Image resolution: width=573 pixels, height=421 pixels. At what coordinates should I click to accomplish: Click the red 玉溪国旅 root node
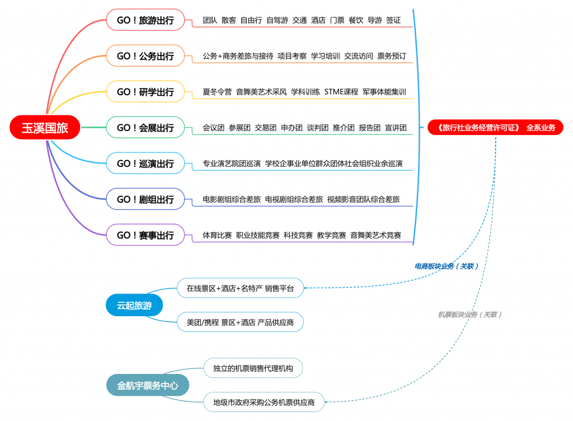pyautogui.click(x=45, y=128)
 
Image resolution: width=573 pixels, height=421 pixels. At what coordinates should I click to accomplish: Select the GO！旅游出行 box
pyautogui.click(x=145, y=20)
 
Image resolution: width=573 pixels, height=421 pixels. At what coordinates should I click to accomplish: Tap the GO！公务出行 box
pyautogui.click(x=145, y=56)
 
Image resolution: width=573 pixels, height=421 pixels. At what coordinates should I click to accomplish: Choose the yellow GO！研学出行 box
pyautogui.click(x=145, y=92)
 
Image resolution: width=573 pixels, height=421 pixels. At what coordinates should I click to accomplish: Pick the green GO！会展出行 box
pyautogui.click(x=145, y=128)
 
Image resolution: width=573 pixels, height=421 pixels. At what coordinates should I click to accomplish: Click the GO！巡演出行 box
pyautogui.click(x=145, y=163)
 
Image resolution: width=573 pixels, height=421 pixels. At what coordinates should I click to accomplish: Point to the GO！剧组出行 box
pyautogui.click(x=145, y=199)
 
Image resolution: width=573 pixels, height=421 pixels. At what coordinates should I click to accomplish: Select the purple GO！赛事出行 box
pyautogui.click(x=145, y=235)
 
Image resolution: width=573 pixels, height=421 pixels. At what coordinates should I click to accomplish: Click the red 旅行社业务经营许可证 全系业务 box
pyautogui.click(x=495, y=128)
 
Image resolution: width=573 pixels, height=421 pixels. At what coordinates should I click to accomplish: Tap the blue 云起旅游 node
pyautogui.click(x=134, y=306)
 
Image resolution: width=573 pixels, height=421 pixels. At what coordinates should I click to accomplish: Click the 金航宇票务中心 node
pyautogui.click(x=148, y=385)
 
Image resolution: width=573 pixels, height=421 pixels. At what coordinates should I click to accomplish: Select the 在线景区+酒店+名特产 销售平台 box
pyautogui.click(x=240, y=288)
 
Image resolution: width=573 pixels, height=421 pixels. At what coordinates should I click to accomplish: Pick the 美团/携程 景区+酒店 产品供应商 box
pyautogui.click(x=240, y=322)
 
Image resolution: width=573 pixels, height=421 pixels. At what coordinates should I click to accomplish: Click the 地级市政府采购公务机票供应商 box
pyautogui.click(x=264, y=401)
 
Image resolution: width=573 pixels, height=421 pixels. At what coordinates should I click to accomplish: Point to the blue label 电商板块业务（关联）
pyautogui.click(x=446, y=266)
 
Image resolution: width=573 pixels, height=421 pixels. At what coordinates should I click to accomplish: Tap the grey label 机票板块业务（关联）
pyautogui.click(x=469, y=315)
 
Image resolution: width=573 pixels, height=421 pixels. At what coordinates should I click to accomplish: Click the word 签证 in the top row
pyautogui.click(x=393, y=20)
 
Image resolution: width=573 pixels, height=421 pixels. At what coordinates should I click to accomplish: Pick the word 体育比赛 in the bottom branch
pyautogui.click(x=217, y=235)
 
